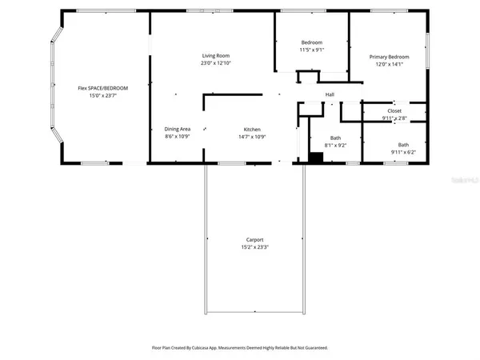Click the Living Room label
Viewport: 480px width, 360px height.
click(x=215, y=55)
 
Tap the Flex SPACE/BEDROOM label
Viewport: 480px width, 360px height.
click(x=102, y=87)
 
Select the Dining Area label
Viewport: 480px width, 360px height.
click(x=177, y=129)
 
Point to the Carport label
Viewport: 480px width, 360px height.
click(x=254, y=240)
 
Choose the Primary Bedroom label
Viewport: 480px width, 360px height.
click(x=390, y=57)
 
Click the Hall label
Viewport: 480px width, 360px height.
click(x=329, y=94)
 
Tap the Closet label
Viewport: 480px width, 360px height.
click(x=394, y=110)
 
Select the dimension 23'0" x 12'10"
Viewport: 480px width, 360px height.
click(x=215, y=63)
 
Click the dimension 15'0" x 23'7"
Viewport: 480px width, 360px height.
click(x=102, y=95)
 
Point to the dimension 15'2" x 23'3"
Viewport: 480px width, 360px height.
click(x=254, y=248)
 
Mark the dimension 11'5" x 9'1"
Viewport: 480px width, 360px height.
click(x=311, y=50)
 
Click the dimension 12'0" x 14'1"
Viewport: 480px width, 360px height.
click(x=390, y=65)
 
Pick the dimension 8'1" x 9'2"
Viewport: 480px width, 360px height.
click(x=335, y=146)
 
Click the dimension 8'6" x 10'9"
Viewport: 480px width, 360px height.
click(x=177, y=137)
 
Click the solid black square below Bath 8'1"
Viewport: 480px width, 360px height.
click(x=315, y=158)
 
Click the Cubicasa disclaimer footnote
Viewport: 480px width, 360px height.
click(x=240, y=348)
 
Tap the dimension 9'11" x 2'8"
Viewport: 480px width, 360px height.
click(x=394, y=118)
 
